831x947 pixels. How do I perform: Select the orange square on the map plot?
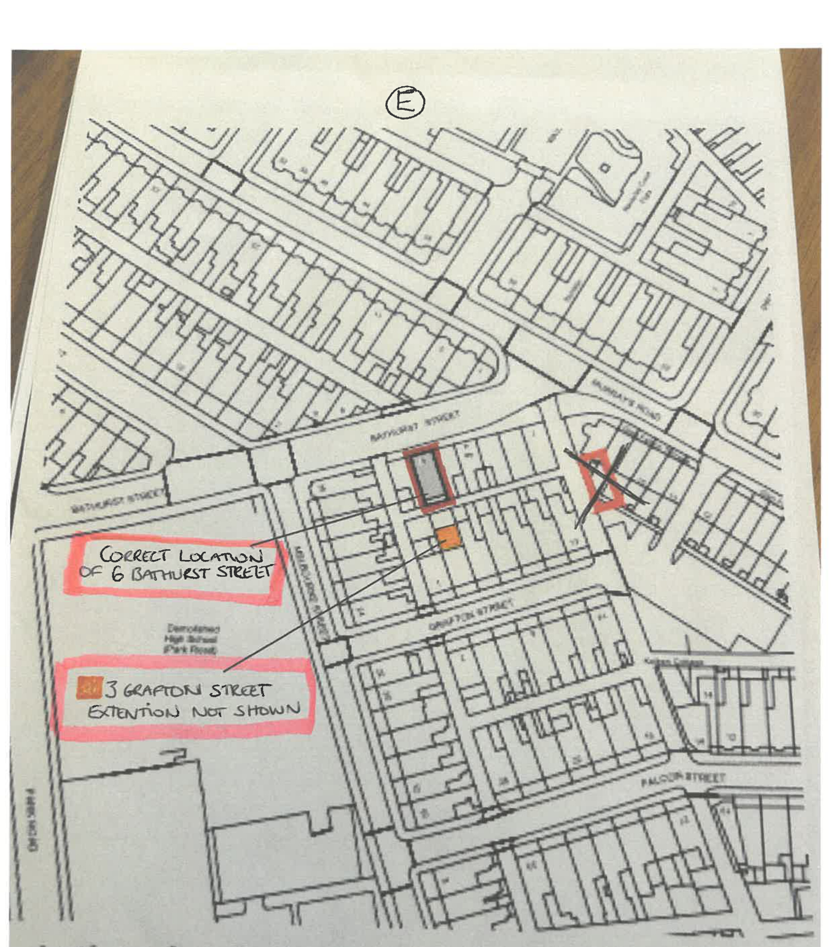pos(449,537)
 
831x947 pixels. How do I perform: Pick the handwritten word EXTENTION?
pos(133,712)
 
